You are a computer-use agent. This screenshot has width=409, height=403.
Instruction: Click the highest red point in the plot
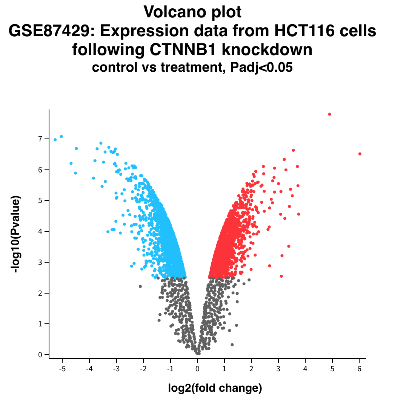[x=329, y=114]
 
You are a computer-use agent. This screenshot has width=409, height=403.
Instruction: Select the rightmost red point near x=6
[x=360, y=154]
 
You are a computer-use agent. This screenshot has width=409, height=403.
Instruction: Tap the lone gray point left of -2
[x=140, y=286]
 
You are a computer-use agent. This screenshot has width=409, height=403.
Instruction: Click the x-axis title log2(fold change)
[x=215, y=388]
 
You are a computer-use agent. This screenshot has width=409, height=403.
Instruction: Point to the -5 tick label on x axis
[x=62, y=369]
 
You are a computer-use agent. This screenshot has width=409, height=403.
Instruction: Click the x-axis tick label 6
[x=359, y=369]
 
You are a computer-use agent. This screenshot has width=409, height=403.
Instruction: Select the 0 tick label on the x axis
[x=197, y=369]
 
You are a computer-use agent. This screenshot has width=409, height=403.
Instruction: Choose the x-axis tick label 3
[x=278, y=369]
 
